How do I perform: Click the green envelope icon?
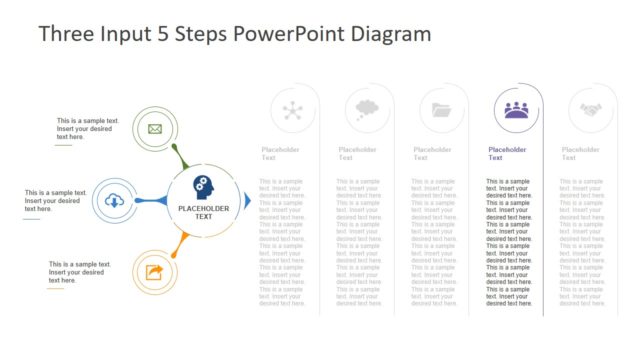(x=155, y=128)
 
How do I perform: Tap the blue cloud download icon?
(x=115, y=201)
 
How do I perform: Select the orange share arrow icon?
(x=155, y=272)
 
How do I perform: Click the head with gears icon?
(x=203, y=187)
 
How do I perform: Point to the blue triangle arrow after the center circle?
(x=248, y=200)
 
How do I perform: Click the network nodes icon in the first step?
(x=293, y=110)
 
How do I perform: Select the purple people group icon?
(x=516, y=110)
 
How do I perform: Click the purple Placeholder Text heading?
(x=507, y=153)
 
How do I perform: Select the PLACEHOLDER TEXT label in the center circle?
(x=203, y=212)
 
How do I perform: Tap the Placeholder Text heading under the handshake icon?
(x=581, y=153)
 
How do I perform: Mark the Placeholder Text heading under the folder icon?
(x=433, y=153)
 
